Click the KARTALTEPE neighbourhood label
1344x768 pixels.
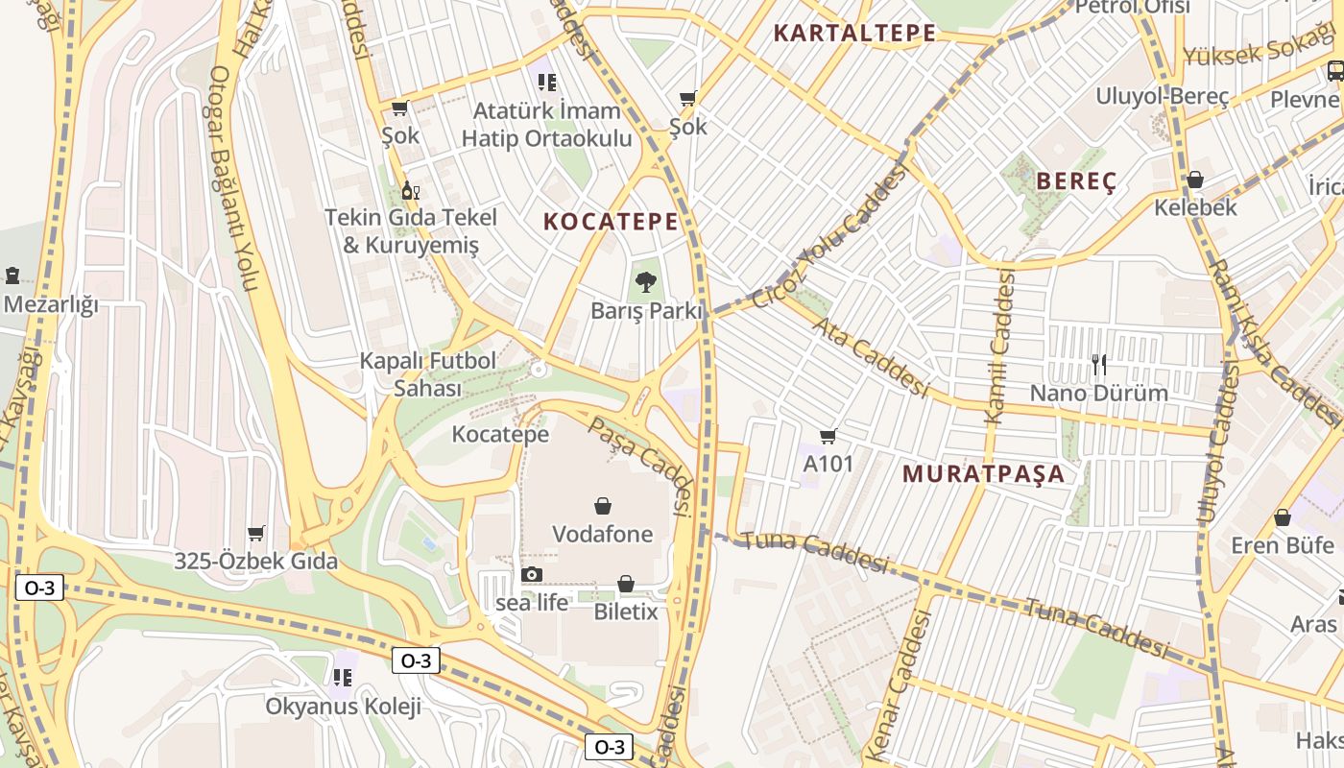click(854, 34)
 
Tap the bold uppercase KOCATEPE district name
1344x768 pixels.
click(611, 222)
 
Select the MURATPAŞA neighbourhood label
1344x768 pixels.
click(983, 473)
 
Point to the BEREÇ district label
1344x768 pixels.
click(1076, 181)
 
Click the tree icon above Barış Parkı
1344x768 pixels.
click(645, 282)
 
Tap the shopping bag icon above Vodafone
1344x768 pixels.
click(603, 505)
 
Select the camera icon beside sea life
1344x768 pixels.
click(531, 574)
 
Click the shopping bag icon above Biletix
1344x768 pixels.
click(626, 583)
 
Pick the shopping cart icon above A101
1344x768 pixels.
click(828, 436)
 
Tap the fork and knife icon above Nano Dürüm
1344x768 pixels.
click(1099, 364)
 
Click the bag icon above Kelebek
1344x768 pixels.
click(1195, 180)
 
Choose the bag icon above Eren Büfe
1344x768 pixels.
click(1283, 517)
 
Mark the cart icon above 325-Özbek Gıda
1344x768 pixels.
click(255, 533)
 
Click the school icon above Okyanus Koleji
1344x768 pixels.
click(342, 678)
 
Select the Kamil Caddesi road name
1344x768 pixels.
click(999, 348)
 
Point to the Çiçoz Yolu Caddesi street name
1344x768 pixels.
click(829, 236)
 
